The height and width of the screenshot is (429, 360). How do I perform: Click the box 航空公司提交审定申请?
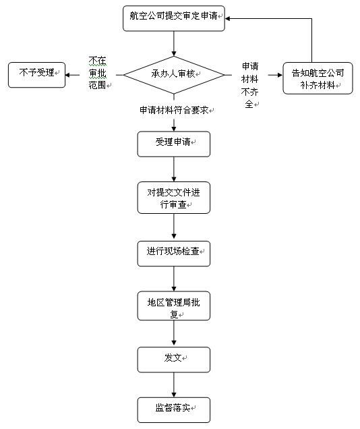pyautogui.click(x=173, y=18)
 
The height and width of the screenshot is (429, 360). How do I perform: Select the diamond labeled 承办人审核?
pyautogui.click(x=174, y=75)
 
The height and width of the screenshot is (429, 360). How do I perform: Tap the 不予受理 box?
pyautogui.click(x=36, y=75)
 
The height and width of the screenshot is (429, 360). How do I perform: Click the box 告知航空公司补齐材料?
pyautogui.click(x=318, y=78)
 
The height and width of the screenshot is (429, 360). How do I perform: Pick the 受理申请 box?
pyautogui.click(x=173, y=144)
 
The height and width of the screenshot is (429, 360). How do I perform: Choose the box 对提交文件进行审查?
pyautogui.click(x=173, y=198)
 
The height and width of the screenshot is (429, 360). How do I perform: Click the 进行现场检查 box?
pyautogui.click(x=173, y=254)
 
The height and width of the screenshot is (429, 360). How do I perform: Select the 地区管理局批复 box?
pyautogui.click(x=173, y=306)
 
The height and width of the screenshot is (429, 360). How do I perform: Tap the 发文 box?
pyautogui.click(x=173, y=360)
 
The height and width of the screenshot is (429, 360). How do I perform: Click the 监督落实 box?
pyautogui.click(x=173, y=410)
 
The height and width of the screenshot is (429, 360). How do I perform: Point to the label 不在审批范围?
pyautogui.click(x=98, y=73)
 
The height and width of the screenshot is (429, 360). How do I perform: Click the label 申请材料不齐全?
pyautogui.click(x=249, y=85)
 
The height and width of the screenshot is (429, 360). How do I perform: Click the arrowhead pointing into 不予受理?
pyautogui.click(x=67, y=75)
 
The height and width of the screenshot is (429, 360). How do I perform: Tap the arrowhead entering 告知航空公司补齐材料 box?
pyautogui.click(x=280, y=75)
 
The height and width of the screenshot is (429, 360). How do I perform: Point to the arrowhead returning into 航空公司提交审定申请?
pyautogui.click(x=227, y=19)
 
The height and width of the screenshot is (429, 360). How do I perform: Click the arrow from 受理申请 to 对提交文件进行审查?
pyautogui.click(x=174, y=169)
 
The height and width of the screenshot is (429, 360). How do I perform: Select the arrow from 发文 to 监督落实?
pyautogui.click(x=174, y=385)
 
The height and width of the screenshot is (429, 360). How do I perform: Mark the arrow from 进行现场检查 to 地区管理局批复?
pyautogui.click(x=174, y=279)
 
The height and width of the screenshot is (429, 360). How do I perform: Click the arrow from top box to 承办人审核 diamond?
pyautogui.click(x=174, y=44)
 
